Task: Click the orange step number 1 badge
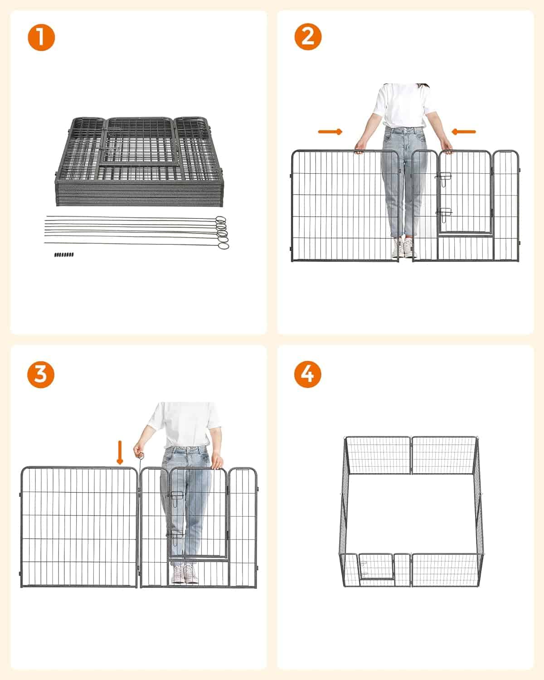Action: (x=41, y=37)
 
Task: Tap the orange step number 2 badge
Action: (x=308, y=36)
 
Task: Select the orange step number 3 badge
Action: (x=41, y=375)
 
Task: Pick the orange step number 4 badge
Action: (x=307, y=374)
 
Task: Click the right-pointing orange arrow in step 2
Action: (x=330, y=132)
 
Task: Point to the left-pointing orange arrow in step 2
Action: (x=464, y=132)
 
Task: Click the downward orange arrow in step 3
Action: (x=120, y=453)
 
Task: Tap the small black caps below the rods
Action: (x=64, y=254)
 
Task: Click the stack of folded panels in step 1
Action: (x=139, y=161)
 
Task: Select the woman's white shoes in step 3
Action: (x=185, y=573)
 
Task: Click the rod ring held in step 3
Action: (x=141, y=456)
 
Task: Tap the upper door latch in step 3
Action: (x=176, y=495)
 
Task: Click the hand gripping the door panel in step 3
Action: (x=217, y=461)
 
